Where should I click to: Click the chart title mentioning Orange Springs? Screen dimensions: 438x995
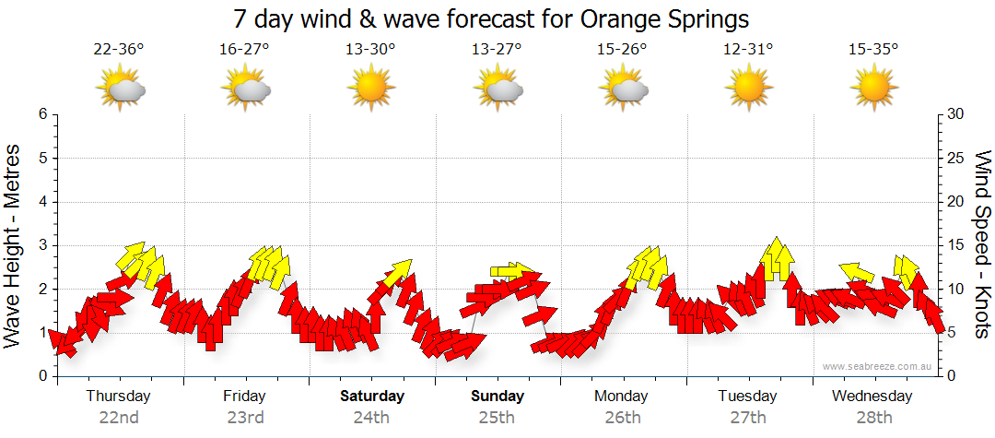click(x=491, y=18)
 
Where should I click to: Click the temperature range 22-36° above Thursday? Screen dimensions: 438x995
click(x=119, y=50)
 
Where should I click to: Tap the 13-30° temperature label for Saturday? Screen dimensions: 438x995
click(x=370, y=50)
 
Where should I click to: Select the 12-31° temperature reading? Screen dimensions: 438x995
click(x=748, y=50)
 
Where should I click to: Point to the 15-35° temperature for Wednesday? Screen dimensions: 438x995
click(x=873, y=50)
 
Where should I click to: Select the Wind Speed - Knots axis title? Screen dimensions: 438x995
click(x=982, y=245)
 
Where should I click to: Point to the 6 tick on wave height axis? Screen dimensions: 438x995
click(x=42, y=114)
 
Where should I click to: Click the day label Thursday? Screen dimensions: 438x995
click(x=119, y=397)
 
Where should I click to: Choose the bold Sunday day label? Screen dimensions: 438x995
click(x=497, y=397)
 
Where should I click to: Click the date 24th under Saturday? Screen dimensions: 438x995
click(x=370, y=418)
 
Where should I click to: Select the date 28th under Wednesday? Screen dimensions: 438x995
click(x=873, y=418)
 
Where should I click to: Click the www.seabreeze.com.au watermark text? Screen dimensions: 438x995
click(x=879, y=366)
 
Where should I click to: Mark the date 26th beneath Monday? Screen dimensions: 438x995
click(x=623, y=418)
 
